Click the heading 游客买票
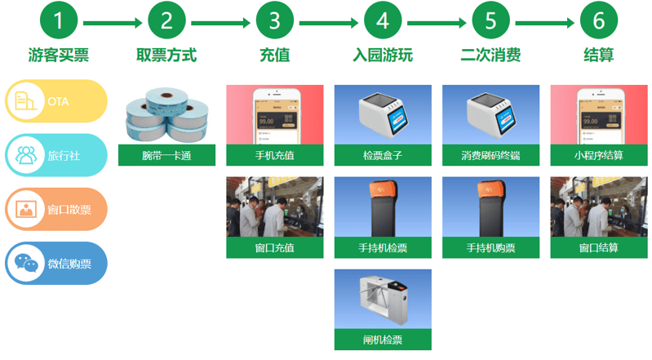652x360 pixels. coord(58,56)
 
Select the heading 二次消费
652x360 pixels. coord(490,56)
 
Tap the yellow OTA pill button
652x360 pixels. coord(55,101)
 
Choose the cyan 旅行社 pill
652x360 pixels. coord(55,154)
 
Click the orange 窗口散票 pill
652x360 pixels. coord(55,209)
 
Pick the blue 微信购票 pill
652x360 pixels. coord(55,263)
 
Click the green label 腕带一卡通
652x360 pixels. coord(166,155)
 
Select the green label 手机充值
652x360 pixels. coord(274,155)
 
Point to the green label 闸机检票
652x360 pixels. coord(383,340)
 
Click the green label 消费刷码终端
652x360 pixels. coord(490,155)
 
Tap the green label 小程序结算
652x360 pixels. coord(599,155)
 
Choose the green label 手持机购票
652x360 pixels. coord(490,247)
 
